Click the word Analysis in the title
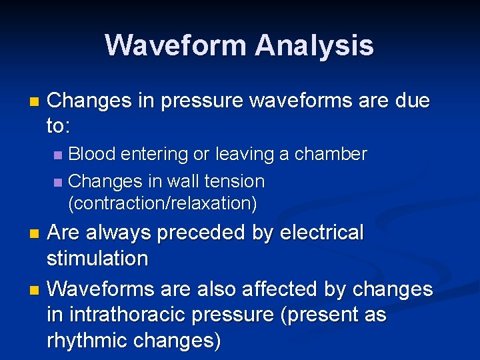pos(314,45)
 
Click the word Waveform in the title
pos(176,45)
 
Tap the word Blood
pos(95,154)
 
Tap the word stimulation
pos(97,258)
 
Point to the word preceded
pos(195,233)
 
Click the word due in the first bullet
pos(413,101)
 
